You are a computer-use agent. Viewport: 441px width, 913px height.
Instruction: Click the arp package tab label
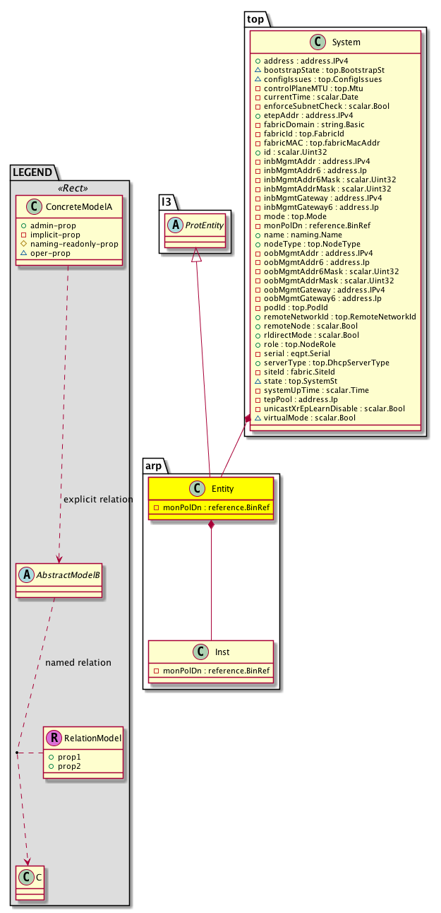155,465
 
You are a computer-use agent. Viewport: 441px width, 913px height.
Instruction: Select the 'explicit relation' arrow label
98,500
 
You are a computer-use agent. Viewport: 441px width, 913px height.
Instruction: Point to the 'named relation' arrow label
78,663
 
